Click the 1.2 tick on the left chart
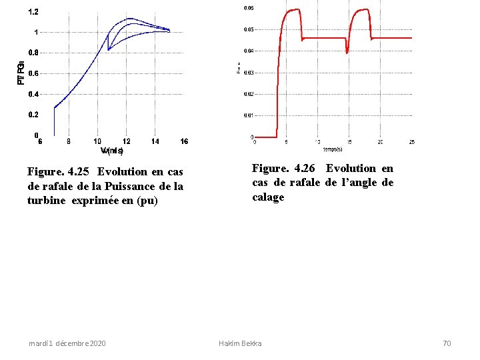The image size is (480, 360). click(33, 12)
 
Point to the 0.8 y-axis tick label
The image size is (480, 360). click(33, 53)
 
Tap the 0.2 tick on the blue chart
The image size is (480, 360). click(33, 115)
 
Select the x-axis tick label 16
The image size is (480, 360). click(184, 141)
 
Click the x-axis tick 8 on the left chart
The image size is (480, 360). click(69, 141)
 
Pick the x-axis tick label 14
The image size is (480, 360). click(155, 141)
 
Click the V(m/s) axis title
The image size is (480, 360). click(111, 150)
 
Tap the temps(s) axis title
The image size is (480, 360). click(333, 149)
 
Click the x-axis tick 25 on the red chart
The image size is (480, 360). click(412, 142)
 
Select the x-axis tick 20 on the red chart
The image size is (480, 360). click(380, 142)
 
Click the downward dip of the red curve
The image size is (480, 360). click(347, 52)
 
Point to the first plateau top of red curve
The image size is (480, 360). click(292, 10)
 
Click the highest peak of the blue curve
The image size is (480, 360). click(130, 19)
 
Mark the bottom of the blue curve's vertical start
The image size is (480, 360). click(54, 135)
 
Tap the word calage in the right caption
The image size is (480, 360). click(268, 197)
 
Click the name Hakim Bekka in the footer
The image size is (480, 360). click(240, 343)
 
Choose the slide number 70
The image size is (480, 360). click(447, 343)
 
